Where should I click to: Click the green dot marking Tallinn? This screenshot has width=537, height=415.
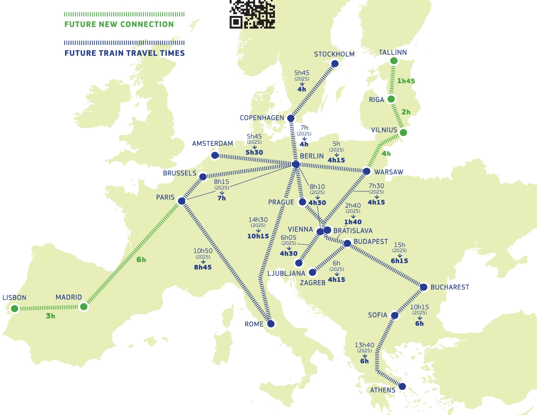[394, 61]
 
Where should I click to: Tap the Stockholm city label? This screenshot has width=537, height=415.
[334, 54]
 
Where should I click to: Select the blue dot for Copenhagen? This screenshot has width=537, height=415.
[290, 118]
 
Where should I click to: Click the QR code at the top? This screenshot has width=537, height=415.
[252, 14]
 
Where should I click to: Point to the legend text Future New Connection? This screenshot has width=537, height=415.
[119, 25]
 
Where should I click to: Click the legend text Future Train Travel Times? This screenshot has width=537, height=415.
[125, 53]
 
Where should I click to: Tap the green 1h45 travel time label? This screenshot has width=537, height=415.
[406, 81]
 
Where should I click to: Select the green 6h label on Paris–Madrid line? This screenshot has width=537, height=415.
[141, 260]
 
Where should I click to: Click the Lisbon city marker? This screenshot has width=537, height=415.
[15, 308]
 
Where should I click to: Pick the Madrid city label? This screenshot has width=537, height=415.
[69, 297]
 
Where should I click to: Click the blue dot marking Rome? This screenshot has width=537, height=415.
[271, 324]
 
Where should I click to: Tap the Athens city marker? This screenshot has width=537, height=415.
[402, 386]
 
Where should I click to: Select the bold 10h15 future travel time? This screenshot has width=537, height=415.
[258, 237]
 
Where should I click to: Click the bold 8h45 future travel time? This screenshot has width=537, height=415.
[203, 267]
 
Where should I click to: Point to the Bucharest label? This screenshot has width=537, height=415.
[449, 287]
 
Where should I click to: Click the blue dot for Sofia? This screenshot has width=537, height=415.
[395, 315]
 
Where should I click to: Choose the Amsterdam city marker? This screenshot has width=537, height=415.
[214, 155]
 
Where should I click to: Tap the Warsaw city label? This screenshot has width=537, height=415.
[389, 172]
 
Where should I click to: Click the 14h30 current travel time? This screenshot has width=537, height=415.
[258, 220]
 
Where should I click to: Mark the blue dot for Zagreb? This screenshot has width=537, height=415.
[312, 272]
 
